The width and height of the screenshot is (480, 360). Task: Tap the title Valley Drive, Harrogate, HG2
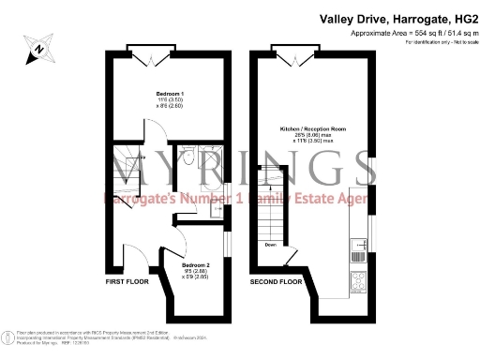point(397,18)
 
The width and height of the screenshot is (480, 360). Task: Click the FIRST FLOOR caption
point(127,280)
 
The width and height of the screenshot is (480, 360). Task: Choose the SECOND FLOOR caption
point(276,280)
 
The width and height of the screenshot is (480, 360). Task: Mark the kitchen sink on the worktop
point(357,249)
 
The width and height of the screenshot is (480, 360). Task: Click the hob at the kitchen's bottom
point(357,280)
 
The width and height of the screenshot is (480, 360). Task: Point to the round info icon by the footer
point(7,336)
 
